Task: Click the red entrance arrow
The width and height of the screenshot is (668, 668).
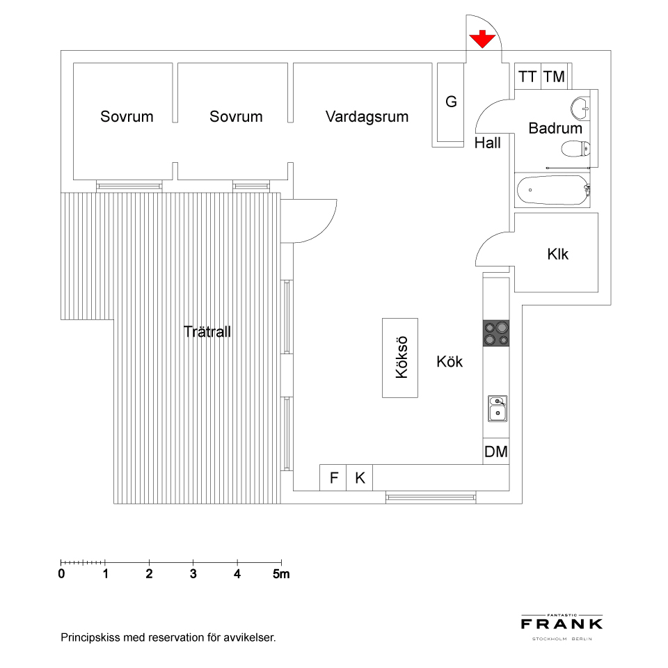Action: (482, 39)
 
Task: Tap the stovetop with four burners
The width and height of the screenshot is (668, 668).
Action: (496, 333)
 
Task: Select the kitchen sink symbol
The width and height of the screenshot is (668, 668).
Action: (498, 408)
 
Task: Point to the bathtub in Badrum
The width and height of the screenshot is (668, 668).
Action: (552, 190)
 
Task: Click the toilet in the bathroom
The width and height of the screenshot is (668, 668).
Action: (575, 149)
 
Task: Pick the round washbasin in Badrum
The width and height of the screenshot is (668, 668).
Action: (580, 107)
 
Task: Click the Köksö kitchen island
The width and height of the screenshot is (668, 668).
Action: (400, 358)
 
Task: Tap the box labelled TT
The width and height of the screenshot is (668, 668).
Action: (528, 77)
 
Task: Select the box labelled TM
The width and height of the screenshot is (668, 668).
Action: (555, 77)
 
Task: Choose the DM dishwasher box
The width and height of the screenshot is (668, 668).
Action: (496, 451)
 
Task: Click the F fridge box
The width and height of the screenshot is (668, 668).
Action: (333, 477)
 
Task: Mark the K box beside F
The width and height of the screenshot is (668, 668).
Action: (360, 477)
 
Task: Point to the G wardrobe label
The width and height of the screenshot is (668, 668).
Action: (451, 102)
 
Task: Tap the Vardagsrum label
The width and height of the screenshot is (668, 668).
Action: (367, 116)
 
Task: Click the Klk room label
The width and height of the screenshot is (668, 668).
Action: (557, 254)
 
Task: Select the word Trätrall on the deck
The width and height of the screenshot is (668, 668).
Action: (207, 331)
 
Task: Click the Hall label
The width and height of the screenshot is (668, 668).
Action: (487, 143)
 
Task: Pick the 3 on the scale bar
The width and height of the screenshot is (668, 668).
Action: (193, 574)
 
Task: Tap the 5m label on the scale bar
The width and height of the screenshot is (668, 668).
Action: (281, 574)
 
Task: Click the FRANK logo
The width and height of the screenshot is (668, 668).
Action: (562, 624)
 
